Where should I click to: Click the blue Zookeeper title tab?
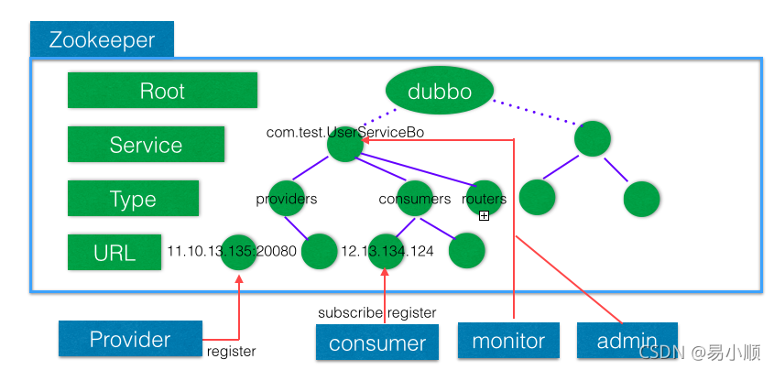click(x=102, y=39)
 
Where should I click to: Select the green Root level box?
click(x=162, y=91)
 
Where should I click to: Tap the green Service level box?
click(x=146, y=144)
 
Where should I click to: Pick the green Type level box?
click(x=133, y=199)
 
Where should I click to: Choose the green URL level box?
click(x=114, y=252)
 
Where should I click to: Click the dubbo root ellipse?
click(x=440, y=91)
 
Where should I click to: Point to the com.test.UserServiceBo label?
click(x=345, y=132)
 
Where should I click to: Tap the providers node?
click(x=287, y=199)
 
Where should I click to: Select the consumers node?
click(x=415, y=199)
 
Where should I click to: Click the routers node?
click(x=484, y=199)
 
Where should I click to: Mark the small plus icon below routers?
click(x=484, y=215)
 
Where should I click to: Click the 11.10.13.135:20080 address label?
click(x=232, y=251)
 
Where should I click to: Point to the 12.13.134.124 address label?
click(x=387, y=251)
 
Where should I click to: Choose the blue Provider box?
click(x=130, y=339)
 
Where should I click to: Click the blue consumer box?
click(x=377, y=342)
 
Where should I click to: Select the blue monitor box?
click(x=508, y=341)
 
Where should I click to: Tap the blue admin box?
click(x=627, y=341)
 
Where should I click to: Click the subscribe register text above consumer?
click(x=377, y=313)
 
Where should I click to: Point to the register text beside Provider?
click(x=231, y=352)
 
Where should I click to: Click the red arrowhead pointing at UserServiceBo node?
click(x=365, y=141)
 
